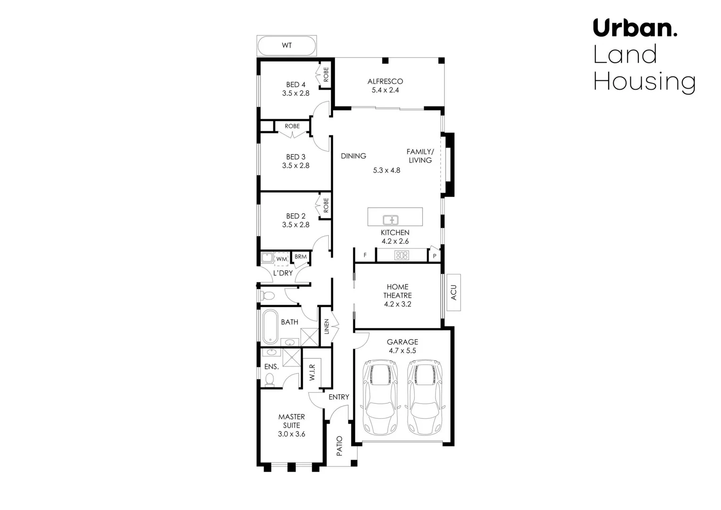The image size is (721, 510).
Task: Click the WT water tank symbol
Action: click(x=286, y=45)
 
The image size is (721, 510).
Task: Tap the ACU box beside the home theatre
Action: click(x=453, y=292)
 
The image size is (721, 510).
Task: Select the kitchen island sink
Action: click(x=391, y=220)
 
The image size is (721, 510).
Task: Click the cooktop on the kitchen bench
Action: click(x=402, y=255)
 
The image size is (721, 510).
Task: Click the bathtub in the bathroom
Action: click(x=270, y=326)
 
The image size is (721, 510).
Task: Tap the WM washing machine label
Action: click(x=282, y=259)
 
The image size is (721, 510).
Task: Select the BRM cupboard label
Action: click(x=301, y=257)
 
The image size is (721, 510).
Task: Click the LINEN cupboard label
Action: click(x=326, y=327)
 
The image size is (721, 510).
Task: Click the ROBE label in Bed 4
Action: click(x=326, y=75)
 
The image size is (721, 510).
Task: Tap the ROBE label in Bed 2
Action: click(x=326, y=205)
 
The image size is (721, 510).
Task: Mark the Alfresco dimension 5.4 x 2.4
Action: click(x=386, y=90)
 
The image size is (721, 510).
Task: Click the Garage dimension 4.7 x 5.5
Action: click(x=402, y=351)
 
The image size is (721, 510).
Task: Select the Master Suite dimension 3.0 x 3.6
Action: click(x=292, y=434)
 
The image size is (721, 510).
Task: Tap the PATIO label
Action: click(x=339, y=446)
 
